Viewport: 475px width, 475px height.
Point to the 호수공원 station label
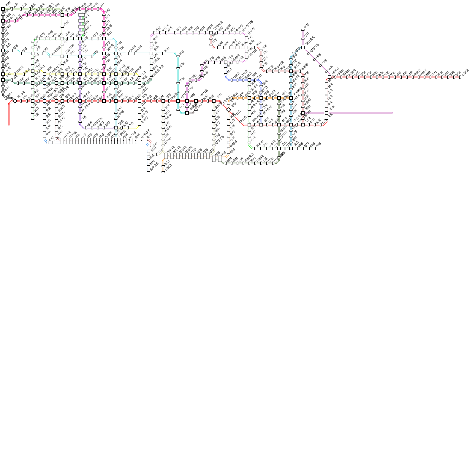(x=154, y=166)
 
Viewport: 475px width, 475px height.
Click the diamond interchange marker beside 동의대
(x=15, y=101)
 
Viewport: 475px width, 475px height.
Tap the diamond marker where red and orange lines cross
(x=229, y=110)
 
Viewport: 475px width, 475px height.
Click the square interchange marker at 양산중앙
(x=303, y=47)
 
